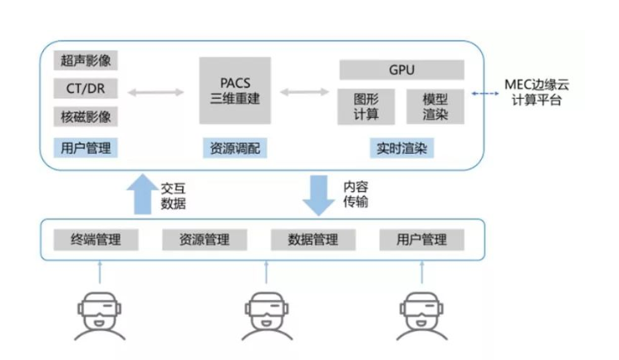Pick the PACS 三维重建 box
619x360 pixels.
tap(235, 89)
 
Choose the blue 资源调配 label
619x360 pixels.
tap(235, 148)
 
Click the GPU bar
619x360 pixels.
tap(401, 69)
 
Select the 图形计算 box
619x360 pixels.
tap(366, 106)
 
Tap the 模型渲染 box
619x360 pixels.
tap(435, 106)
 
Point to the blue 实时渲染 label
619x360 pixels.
tap(401, 148)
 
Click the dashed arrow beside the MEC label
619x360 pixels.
tap(484, 93)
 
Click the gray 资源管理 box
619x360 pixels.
tap(204, 240)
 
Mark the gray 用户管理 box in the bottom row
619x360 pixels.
tap(422, 240)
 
